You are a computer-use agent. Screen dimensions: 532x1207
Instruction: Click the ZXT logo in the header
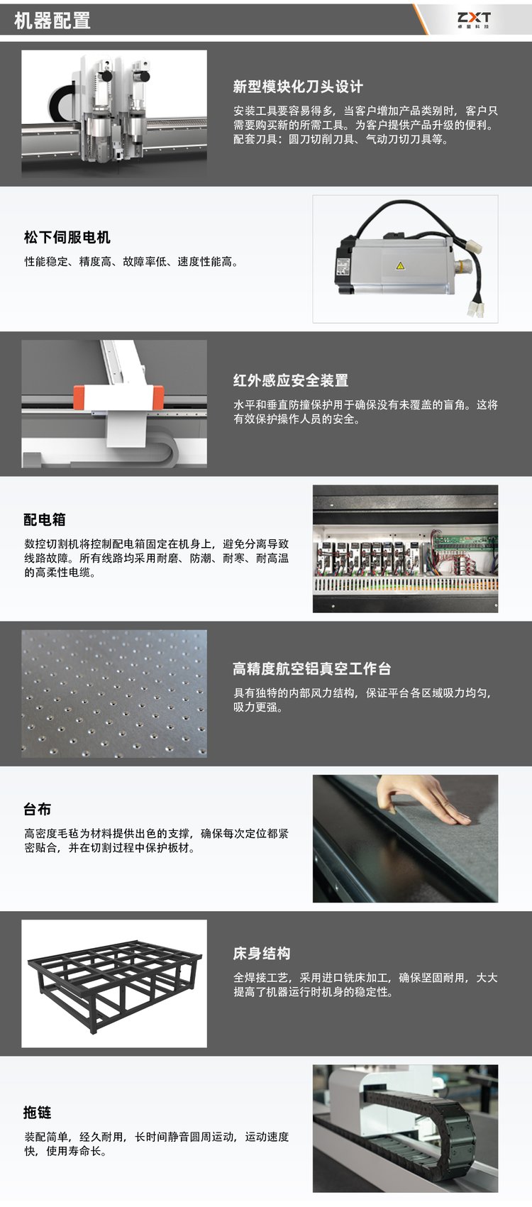pyautogui.click(x=474, y=19)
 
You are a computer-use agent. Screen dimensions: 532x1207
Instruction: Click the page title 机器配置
pyautogui.click(x=52, y=21)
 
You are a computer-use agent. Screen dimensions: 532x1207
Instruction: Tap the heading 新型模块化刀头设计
pyautogui.click(x=298, y=87)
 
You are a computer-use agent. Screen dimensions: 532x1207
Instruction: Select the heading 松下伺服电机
pyautogui.click(x=67, y=237)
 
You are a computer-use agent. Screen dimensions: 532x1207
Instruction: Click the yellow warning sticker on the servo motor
pyautogui.click(x=400, y=265)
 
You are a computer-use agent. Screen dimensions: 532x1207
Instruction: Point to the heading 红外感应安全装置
pyautogui.click(x=291, y=380)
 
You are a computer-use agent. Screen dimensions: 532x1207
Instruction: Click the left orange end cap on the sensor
pyautogui.click(x=79, y=397)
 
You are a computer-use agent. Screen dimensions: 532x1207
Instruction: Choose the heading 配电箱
pyautogui.click(x=45, y=519)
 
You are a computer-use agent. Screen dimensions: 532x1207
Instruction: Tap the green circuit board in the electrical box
pyautogui.click(x=464, y=540)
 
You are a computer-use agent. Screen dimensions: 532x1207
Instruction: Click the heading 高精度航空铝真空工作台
pyautogui.click(x=312, y=668)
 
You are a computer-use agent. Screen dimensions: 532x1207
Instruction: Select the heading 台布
pyautogui.click(x=37, y=809)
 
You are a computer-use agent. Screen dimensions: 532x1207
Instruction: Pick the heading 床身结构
pyautogui.click(x=262, y=953)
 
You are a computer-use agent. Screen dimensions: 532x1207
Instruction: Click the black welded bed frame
pyautogui.click(x=115, y=983)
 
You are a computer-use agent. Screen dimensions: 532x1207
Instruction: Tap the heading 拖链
pyautogui.click(x=37, y=1112)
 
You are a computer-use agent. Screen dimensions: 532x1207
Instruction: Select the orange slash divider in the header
pyautogui.click(x=421, y=19)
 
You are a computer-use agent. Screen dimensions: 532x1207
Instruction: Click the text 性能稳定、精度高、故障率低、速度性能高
pyautogui.click(x=131, y=262)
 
